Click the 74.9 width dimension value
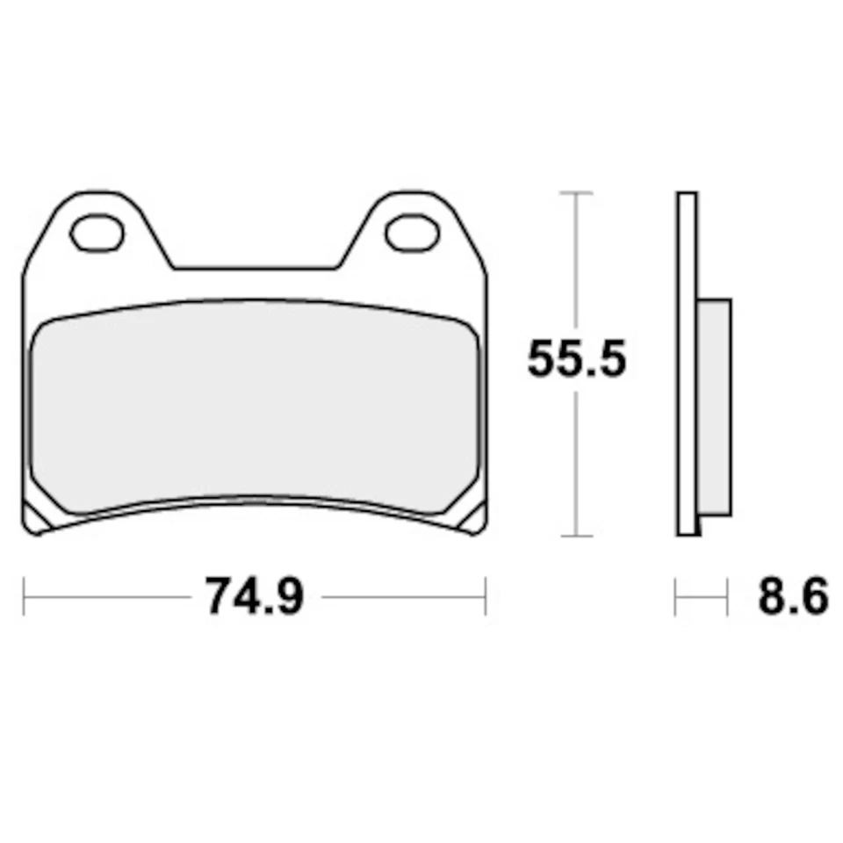[255, 597]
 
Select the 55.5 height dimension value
[577, 359]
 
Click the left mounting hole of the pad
[97, 234]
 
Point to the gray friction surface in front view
[255, 404]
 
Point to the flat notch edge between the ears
[255, 268]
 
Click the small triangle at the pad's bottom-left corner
[35, 519]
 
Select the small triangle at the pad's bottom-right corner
[472, 519]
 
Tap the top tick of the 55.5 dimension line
[575, 191]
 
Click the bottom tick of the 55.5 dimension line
[575, 535]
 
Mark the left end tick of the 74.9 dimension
[24, 597]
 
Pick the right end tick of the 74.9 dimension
[485, 597]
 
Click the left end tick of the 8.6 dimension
[676, 597]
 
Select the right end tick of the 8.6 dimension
[728, 597]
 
